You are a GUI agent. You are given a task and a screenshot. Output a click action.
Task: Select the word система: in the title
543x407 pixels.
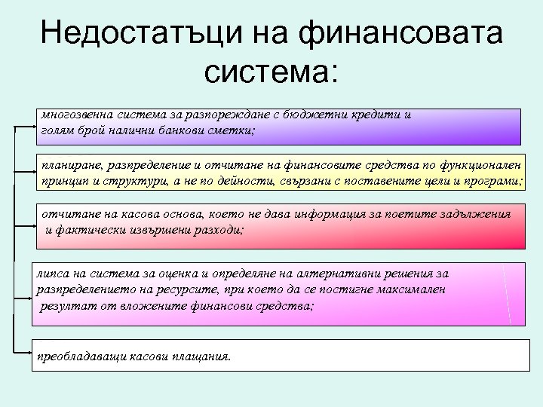tap(271, 73)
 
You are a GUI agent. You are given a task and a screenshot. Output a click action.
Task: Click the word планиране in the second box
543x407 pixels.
tap(72, 164)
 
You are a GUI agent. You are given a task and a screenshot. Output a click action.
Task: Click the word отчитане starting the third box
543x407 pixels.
tap(69, 214)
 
